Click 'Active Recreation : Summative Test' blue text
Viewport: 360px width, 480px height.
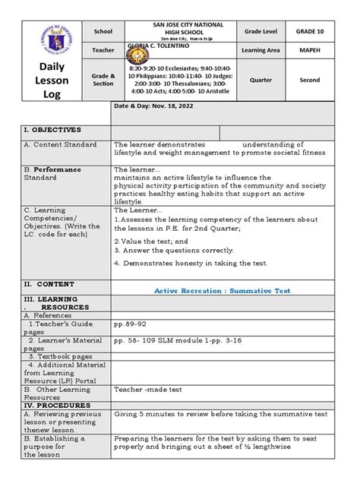click(x=222, y=290)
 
